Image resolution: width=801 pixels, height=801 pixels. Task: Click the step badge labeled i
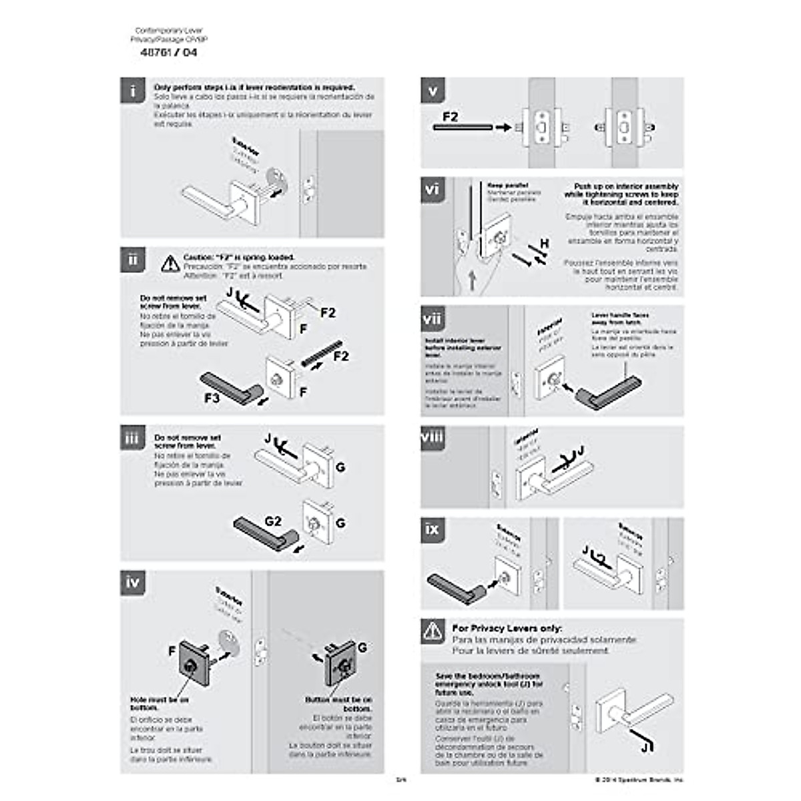(x=133, y=90)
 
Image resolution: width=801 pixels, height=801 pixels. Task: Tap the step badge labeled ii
(x=133, y=260)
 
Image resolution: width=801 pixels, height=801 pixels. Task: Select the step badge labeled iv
(x=133, y=583)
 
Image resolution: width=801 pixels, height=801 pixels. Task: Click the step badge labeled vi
(x=433, y=190)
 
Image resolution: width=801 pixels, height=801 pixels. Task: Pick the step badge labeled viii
(x=433, y=438)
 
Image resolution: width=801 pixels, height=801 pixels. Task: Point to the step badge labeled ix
(x=433, y=529)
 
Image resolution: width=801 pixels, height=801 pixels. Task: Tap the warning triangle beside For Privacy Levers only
(x=433, y=631)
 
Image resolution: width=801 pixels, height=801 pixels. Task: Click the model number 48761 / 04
(x=169, y=53)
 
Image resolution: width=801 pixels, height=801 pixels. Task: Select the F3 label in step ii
(x=212, y=398)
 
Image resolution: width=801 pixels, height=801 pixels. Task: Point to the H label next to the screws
(x=545, y=244)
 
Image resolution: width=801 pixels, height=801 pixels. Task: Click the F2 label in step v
(x=450, y=116)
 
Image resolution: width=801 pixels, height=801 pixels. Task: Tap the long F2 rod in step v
(x=463, y=127)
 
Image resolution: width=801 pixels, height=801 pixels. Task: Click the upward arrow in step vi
(x=472, y=280)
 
